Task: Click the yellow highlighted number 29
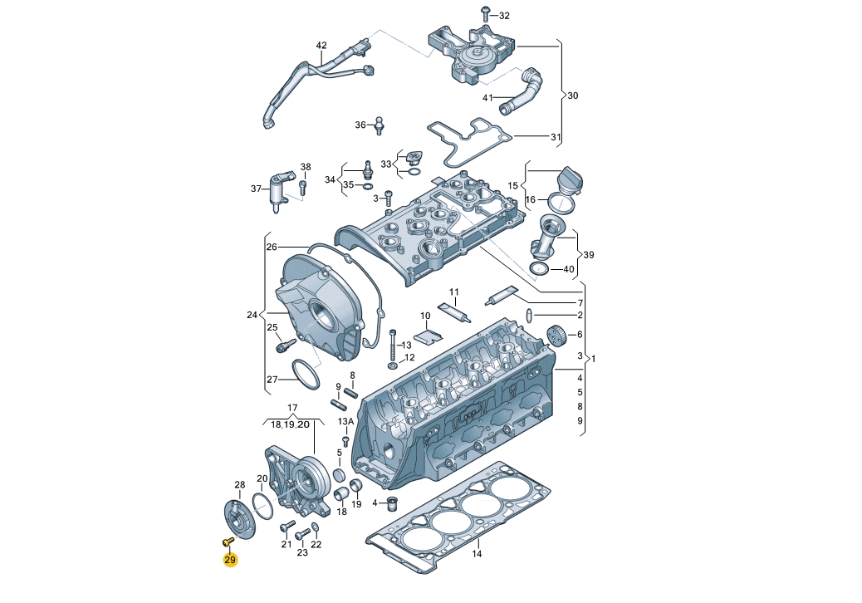click(230, 560)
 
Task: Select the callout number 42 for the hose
click(321, 46)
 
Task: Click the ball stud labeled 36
click(379, 125)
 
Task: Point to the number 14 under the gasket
click(477, 553)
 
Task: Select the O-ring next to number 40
click(539, 269)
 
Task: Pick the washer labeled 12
click(394, 365)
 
